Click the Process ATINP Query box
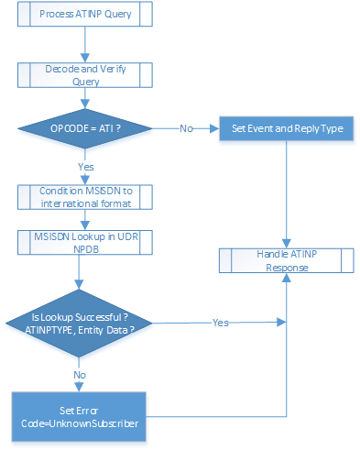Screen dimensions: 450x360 point(83,16)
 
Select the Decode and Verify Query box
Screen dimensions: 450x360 point(83,74)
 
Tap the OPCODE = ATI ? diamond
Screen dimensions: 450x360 point(83,129)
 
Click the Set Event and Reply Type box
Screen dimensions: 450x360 point(287,129)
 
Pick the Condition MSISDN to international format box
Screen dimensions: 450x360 point(83,196)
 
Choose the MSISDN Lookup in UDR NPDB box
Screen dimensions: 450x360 point(83,243)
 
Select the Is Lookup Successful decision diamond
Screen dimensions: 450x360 point(84,324)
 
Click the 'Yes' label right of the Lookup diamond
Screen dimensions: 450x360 point(221,324)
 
